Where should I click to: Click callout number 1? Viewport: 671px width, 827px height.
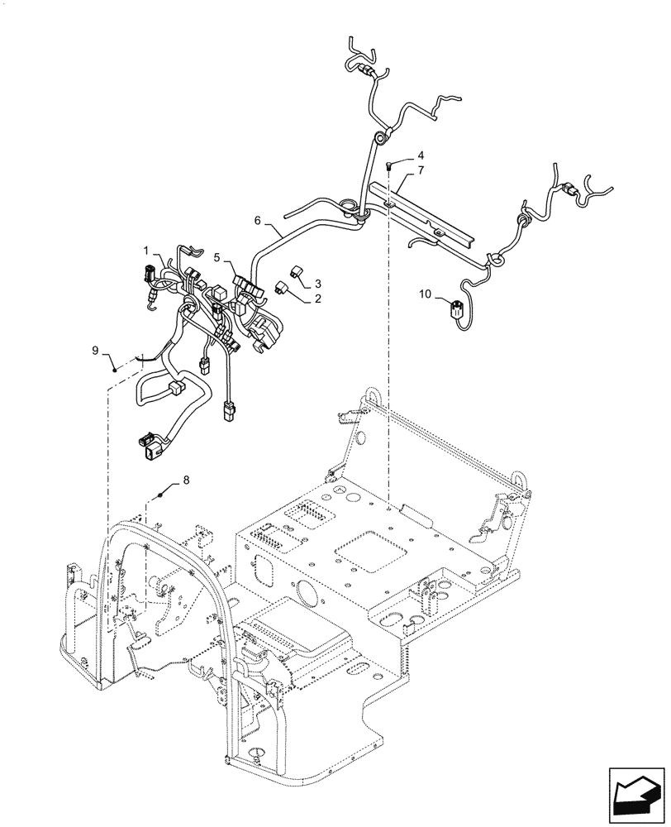click(x=145, y=250)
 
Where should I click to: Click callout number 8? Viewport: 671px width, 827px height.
click(x=185, y=480)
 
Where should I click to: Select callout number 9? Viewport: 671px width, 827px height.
click(x=96, y=351)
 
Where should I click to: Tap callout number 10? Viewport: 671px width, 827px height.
click(x=425, y=294)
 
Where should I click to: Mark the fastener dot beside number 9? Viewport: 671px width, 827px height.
click(x=115, y=368)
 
